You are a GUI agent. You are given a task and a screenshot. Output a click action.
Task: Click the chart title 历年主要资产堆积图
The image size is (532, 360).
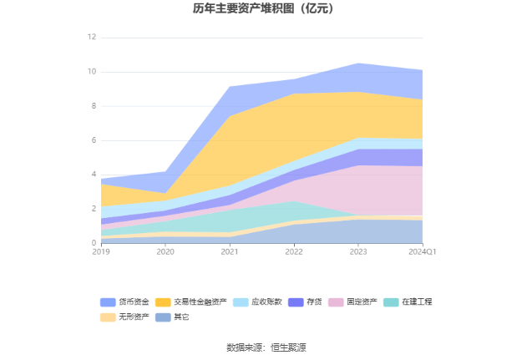click(266, 9)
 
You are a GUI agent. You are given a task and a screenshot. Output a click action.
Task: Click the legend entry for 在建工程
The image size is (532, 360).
click(416, 302)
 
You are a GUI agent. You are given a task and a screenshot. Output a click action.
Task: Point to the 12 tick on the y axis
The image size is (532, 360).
click(92, 38)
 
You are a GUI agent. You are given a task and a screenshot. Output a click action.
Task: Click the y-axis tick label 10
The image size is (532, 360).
click(92, 72)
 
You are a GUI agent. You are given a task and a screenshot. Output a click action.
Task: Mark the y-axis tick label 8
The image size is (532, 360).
click(94, 106)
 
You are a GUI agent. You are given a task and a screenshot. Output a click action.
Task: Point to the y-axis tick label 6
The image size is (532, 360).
click(94, 140)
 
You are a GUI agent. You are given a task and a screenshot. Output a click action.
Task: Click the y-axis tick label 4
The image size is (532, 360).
click(94, 175)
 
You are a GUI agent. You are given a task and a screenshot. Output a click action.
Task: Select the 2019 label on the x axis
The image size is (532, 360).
click(101, 251)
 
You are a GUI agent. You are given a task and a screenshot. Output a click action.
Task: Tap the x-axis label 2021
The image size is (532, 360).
click(230, 251)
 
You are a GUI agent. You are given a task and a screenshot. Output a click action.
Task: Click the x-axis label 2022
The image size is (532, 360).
click(294, 251)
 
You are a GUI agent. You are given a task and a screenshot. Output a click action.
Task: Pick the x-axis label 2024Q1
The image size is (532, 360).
click(423, 251)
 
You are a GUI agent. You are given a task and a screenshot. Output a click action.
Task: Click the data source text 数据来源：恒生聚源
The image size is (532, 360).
click(266, 347)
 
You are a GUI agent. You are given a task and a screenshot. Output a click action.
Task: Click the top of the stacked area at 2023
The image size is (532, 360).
click(358, 63)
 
